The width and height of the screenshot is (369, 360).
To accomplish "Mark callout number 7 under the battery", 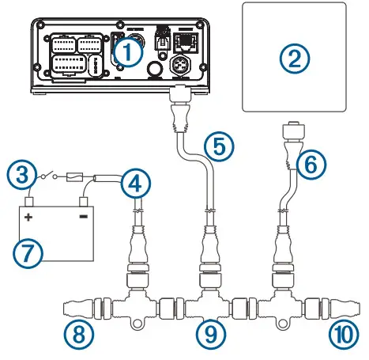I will click(25, 254).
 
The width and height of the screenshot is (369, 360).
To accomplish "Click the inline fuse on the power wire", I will click(78, 179).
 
